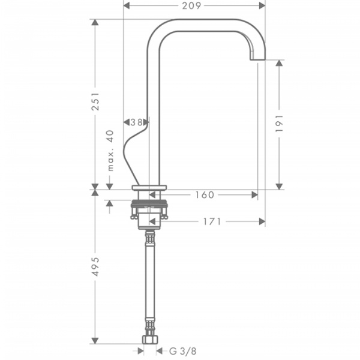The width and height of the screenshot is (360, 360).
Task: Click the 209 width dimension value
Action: (x=191, y=6)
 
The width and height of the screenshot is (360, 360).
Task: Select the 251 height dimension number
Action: (x=95, y=101)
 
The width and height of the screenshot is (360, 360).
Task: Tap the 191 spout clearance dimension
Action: (x=279, y=123)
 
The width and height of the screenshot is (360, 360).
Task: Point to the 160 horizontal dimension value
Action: (x=205, y=195)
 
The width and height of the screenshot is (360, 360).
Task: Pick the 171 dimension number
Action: (x=212, y=221)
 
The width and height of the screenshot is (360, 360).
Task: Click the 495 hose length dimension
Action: (x=95, y=266)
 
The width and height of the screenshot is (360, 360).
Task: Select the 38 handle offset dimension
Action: (x=136, y=122)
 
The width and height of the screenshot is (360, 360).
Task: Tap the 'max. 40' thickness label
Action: (x=110, y=151)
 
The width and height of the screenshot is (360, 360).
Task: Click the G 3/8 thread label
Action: (x=183, y=351)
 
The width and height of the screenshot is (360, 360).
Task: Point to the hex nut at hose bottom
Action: (x=149, y=340)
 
